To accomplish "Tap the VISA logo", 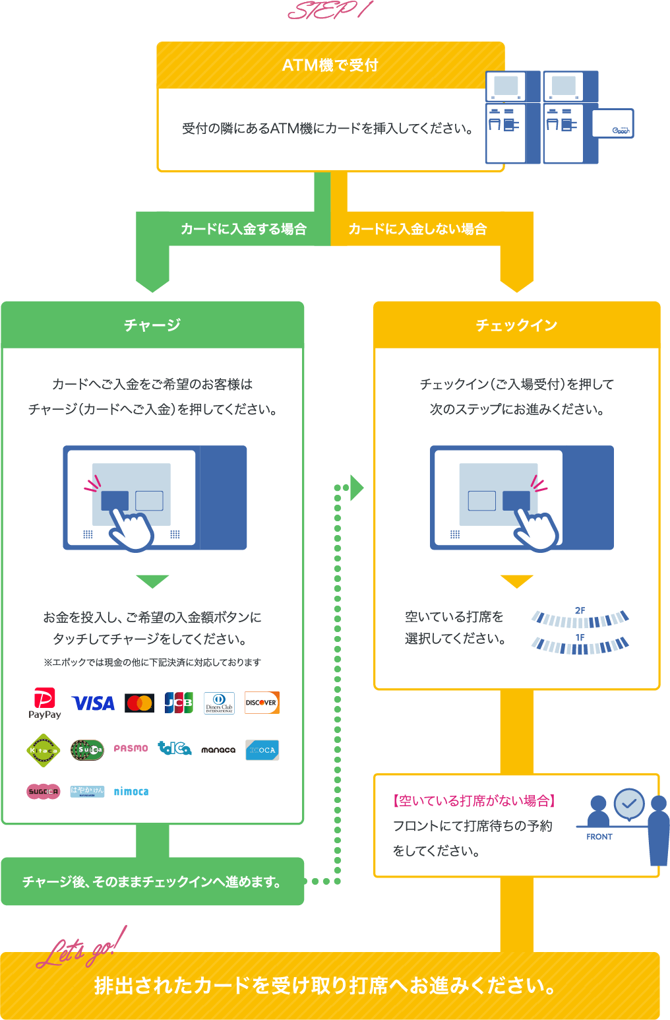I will (93, 703).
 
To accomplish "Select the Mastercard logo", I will (139, 703).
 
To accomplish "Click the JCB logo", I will (179, 703).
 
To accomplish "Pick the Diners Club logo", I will (219, 703).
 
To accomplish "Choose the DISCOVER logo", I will (262, 703).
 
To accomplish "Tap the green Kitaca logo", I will (44, 750).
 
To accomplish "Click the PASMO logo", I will (131, 749).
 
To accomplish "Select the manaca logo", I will (218, 750).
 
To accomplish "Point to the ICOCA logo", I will (262, 750).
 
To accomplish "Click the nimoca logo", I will (131, 792).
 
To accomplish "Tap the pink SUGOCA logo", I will (44, 791).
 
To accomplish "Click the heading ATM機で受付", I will (330, 65).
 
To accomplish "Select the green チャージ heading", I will (152, 325).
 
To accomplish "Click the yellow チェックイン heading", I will (516, 325).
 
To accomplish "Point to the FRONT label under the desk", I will (599, 837).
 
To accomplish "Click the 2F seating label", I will (580, 610).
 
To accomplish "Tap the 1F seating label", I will (580, 637).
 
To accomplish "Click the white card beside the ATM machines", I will (612, 123).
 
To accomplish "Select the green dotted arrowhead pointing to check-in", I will (357, 488).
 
